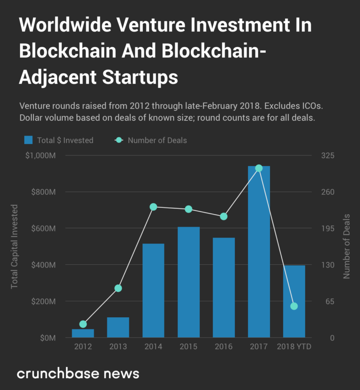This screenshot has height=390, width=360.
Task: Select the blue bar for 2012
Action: point(83,333)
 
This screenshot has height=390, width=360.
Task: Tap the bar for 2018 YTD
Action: point(294,301)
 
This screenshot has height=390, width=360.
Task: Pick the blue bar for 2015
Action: point(188,282)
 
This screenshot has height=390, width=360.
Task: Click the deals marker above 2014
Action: point(153,207)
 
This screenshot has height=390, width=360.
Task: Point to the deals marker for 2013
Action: point(118,288)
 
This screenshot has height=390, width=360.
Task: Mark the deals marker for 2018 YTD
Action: point(294,306)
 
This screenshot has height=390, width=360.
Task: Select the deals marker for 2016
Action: point(224,216)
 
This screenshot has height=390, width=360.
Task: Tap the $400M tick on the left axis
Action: point(51,265)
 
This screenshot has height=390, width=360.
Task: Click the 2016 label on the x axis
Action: point(224,347)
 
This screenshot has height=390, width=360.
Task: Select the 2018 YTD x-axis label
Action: point(294,347)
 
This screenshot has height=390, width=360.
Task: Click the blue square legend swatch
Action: point(29,140)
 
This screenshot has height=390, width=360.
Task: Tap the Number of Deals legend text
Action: point(157,140)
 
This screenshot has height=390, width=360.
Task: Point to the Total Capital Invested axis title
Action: point(15,246)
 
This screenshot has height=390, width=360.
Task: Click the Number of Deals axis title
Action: point(346,246)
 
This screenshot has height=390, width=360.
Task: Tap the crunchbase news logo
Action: point(78,374)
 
